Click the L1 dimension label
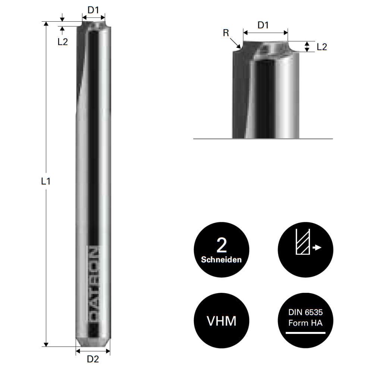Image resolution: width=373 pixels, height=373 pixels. tap(46, 182)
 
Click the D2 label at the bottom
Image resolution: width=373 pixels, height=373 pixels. tap(93, 359)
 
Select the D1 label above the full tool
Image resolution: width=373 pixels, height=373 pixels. tap(93, 10)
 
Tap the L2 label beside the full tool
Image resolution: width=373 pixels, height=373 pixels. tap(63, 42)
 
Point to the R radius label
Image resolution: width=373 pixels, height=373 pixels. tap(226, 33)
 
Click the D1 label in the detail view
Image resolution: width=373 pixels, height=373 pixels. tap(263, 25)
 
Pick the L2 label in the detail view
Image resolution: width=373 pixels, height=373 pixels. tap(322, 47)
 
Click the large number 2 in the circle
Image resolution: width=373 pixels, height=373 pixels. tap(222, 245)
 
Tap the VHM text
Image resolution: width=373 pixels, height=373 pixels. tap(222, 321)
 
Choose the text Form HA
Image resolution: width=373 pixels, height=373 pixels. tap(305, 323)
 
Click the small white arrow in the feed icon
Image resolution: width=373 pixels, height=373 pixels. tap(317, 247)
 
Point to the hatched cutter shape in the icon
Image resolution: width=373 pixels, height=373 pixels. tap(303, 242)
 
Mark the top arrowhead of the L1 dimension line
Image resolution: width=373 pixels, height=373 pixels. tap(46, 24)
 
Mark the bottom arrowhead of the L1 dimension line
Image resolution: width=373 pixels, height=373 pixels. tap(46, 344)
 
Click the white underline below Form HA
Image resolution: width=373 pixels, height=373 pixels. tap(305, 332)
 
